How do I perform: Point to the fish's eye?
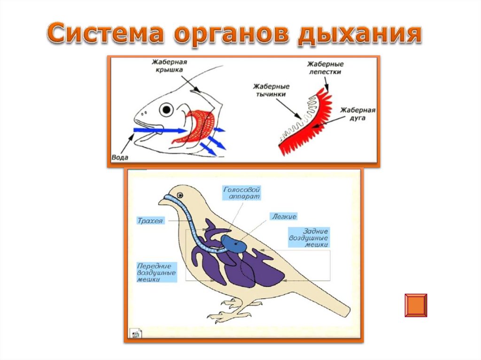tap(166, 110)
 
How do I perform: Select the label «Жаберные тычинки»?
tap(271, 91)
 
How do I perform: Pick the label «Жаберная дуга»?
tap(358, 114)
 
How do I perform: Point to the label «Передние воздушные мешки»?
tap(157, 272)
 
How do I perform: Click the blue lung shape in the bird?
tap(233, 243)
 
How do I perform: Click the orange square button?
tap(416, 305)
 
